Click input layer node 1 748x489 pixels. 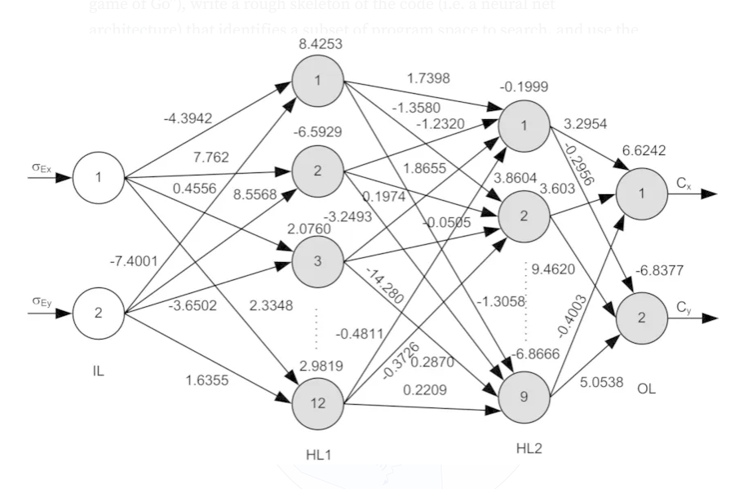(x=98, y=177)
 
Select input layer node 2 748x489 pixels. (x=98, y=313)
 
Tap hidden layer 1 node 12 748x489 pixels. (x=317, y=402)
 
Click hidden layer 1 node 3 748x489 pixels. (x=317, y=262)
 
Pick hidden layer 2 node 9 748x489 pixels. (x=524, y=397)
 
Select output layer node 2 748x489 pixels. (x=641, y=318)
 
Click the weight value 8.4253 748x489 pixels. (x=320, y=45)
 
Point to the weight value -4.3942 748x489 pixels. (x=188, y=118)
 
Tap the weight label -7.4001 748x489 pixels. (x=134, y=261)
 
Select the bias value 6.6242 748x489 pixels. (x=644, y=150)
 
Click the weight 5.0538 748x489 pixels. (x=602, y=382)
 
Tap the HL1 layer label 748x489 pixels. (x=318, y=455)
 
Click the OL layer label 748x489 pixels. (x=646, y=389)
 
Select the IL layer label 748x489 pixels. (x=98, y=371)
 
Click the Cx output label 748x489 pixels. (x=684, y=184)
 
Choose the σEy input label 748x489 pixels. (x=42, y=301)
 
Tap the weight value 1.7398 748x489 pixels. (x=428, y=78)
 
